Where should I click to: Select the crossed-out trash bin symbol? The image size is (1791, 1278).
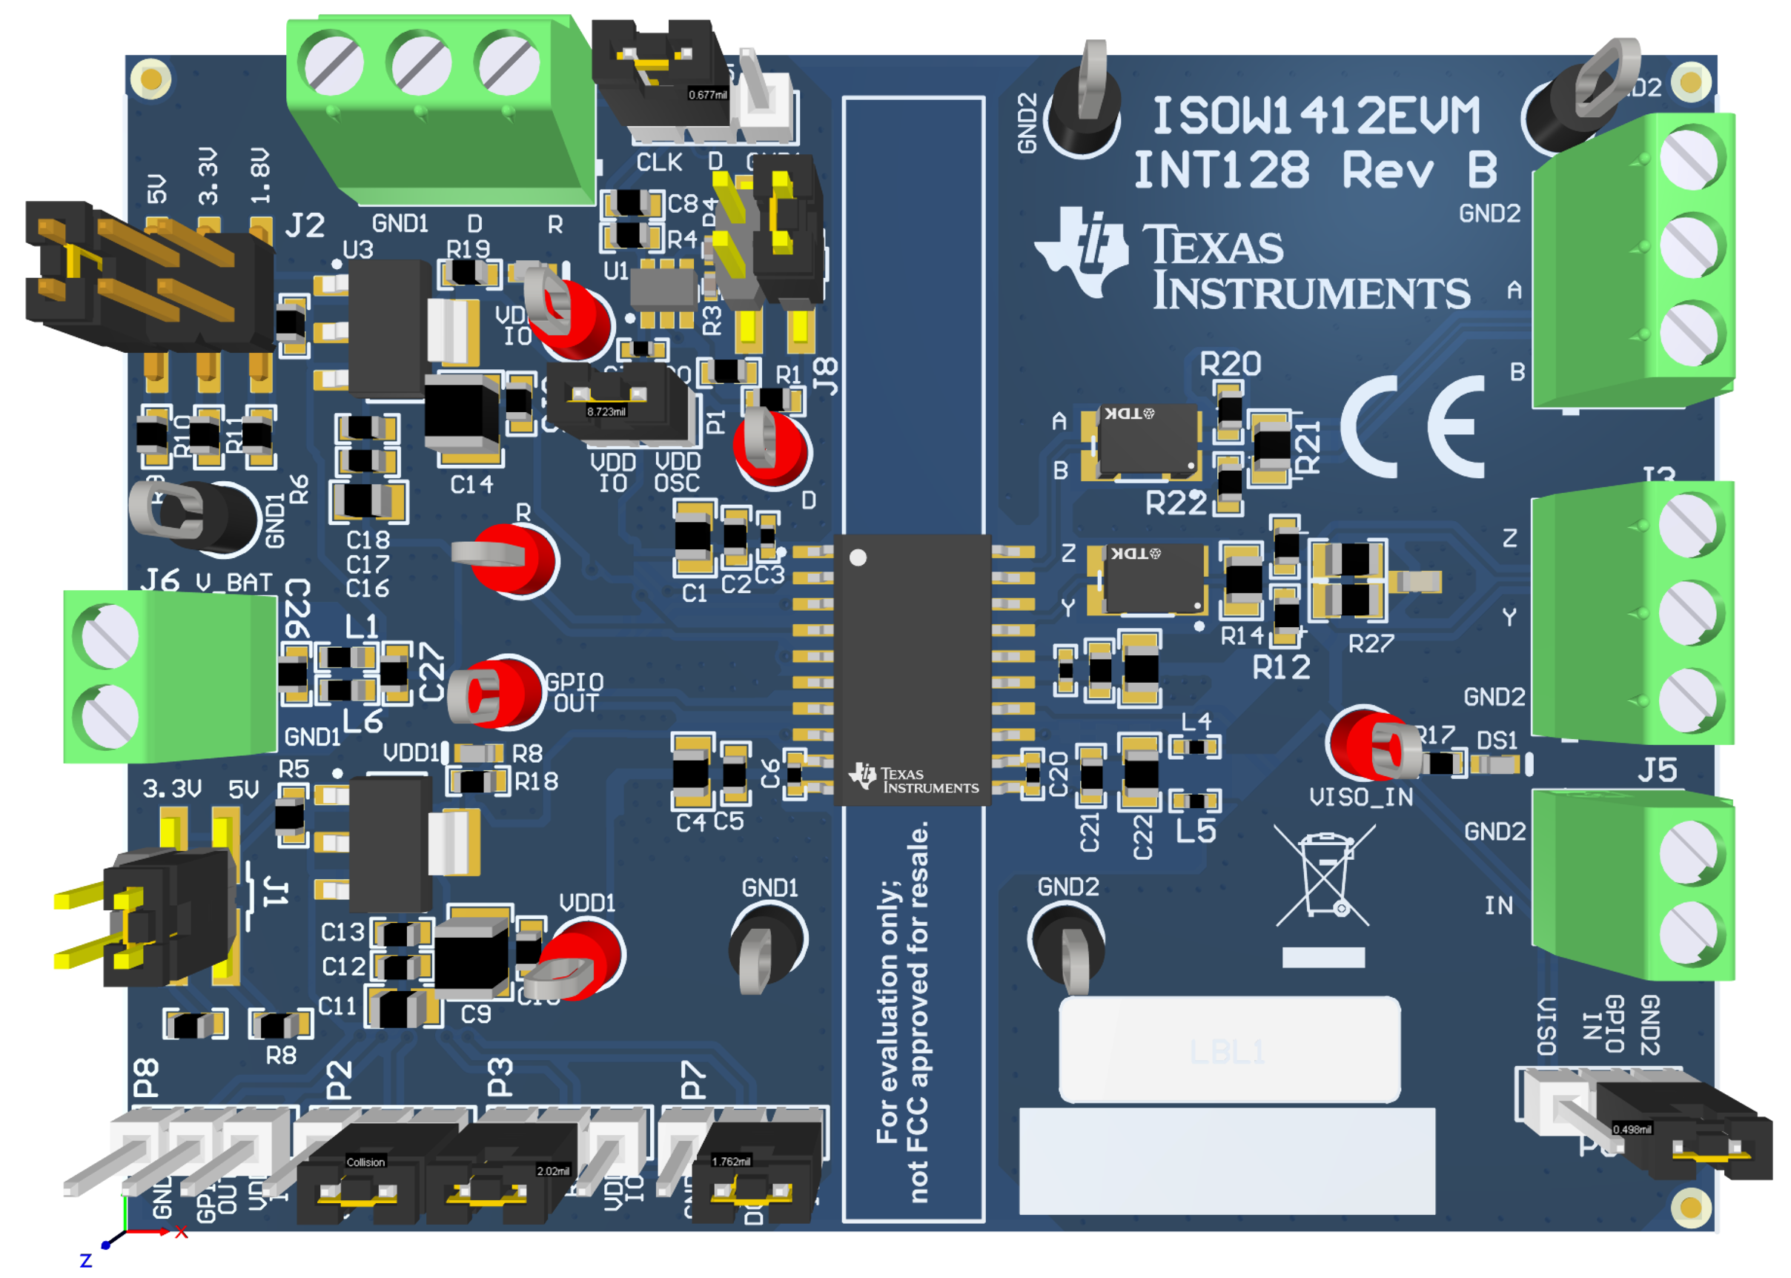pyautogui.click(x=1325, y=874)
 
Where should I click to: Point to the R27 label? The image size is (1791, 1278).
pyautogui.click(x=1370, y=643)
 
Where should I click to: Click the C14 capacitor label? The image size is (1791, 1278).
pyautogui.click(x=471, y=484)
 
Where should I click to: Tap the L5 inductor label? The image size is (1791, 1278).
pyautogui.click(x=1195, y=831)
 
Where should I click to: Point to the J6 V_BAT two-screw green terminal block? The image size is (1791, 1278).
pyautogui.click(x=169, y=677)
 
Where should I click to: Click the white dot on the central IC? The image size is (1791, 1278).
pyautogui.click(x=858, y=557)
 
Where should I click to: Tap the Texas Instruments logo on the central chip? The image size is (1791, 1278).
pyautogui.click(x=913, y=779)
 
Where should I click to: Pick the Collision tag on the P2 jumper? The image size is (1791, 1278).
pyautogui.click(x=365, y=1162)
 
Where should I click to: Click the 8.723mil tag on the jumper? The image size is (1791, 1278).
pyautogui.click(x=606, y=411)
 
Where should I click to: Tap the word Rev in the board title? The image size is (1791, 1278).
pyautogui.click(x=1387, y=170)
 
